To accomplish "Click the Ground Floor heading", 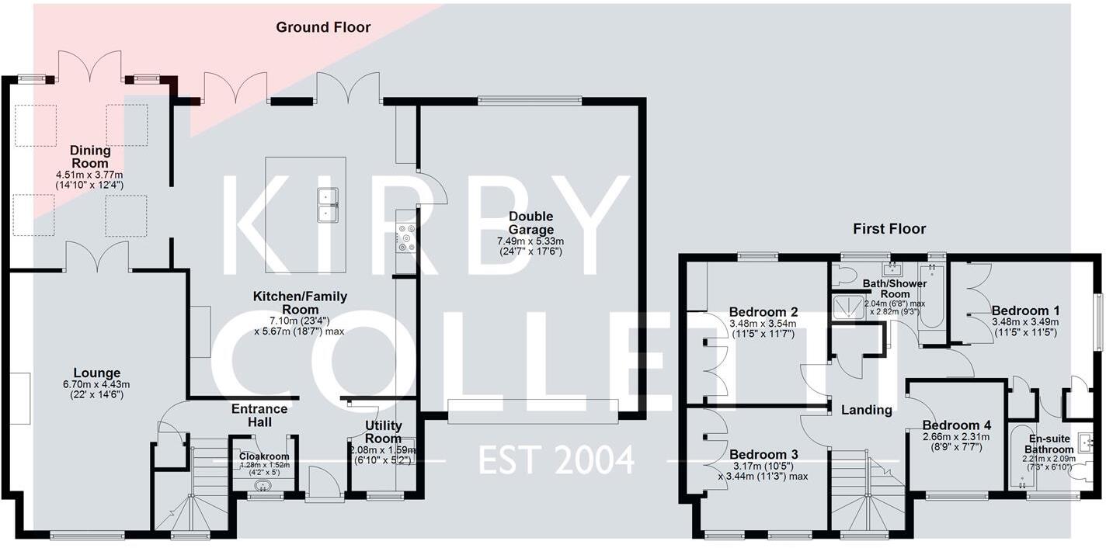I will [x=323, y=28].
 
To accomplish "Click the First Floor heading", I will [x=889, y=229].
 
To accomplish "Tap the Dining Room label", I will [x=90, y=157].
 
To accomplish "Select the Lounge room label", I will [x=97, y=373].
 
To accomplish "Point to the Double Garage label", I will [x=531, y=223].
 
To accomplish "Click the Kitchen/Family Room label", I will [x=300, y=303].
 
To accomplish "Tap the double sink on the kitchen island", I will [x=326, y=204].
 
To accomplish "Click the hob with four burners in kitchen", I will [x=405, y=238].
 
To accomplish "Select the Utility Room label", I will [x=384, y=432].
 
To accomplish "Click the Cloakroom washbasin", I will [x=264, y=487].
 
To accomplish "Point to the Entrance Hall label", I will [x=259, y=415].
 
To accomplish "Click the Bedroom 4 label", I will [x=956, y=425].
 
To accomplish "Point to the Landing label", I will [x=866, y=410].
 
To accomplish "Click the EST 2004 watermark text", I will [x=555, y=460].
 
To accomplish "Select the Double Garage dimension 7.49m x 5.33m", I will [x=530, y=241].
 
